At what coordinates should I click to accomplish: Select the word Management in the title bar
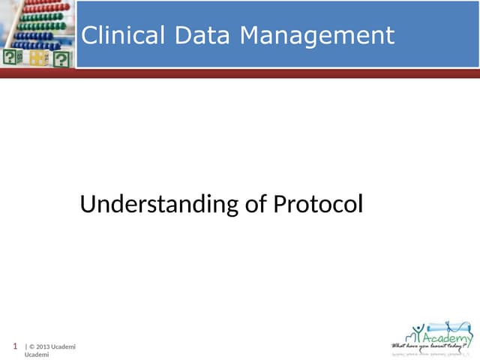316,35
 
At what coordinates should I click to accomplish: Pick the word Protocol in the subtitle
318,204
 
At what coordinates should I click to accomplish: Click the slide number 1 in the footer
16,346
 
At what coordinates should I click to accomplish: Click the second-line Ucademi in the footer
37,354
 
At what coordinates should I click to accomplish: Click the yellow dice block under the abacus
37,58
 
